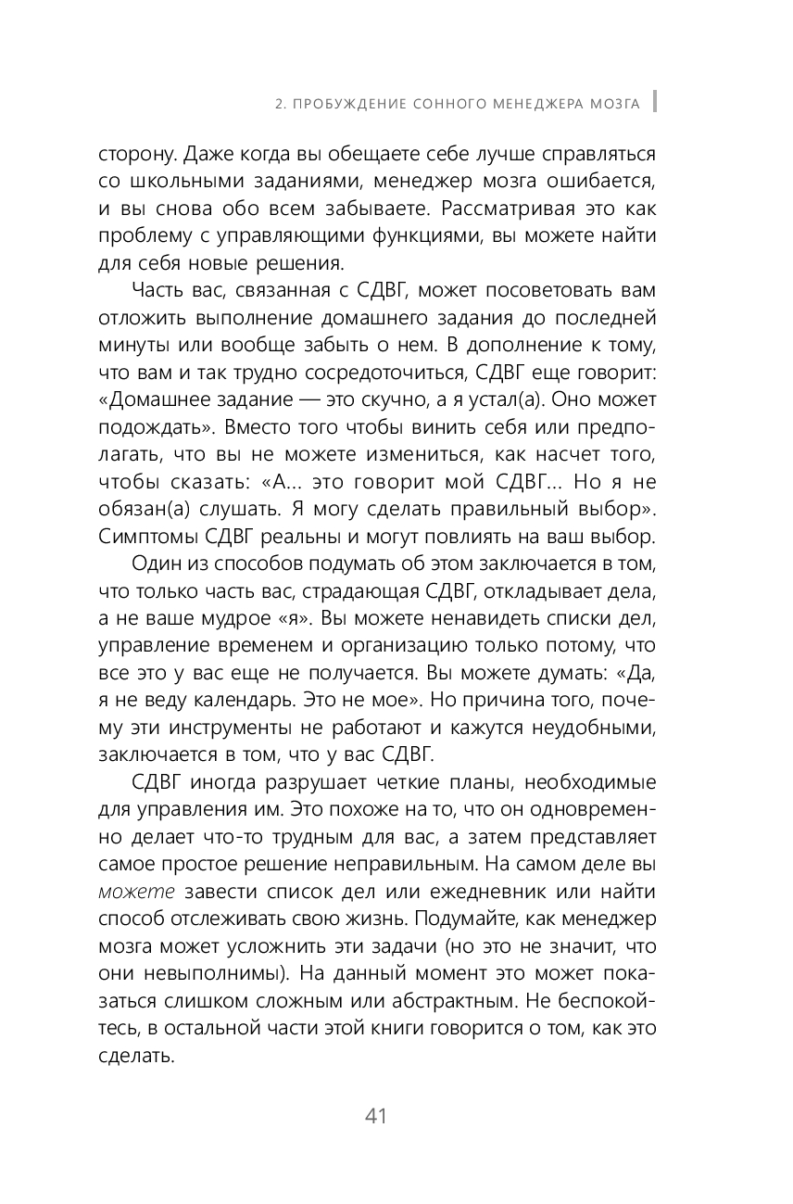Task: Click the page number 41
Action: (x=375, y=1116)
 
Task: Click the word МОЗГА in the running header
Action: (x=614, y=103)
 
